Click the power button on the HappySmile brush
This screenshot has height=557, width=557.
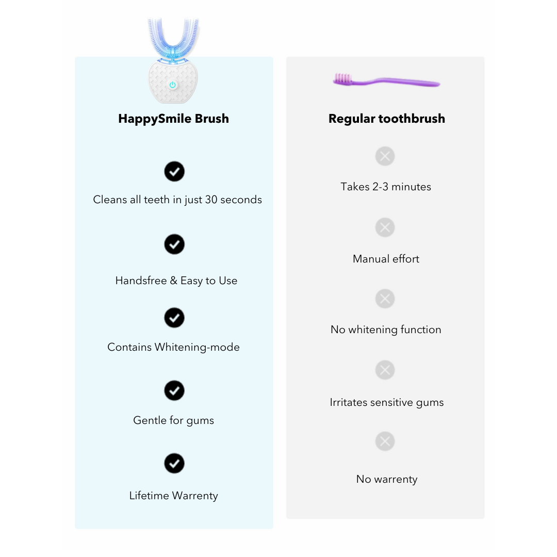(x=173, y=85)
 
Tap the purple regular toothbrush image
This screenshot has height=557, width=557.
(x=386, y=80)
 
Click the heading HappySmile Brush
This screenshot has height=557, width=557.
(x=174, y=119)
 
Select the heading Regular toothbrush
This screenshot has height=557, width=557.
(x=386, y=119)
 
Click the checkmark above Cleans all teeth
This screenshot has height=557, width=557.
(x=174, y=172)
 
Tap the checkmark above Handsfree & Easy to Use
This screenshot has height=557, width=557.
(x=174, y=244)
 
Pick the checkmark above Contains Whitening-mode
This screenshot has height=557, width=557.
(x=174, y=318)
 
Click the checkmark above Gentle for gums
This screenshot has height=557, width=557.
(x=174, y=391)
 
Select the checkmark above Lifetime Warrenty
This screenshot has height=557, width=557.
(x=174, y=464)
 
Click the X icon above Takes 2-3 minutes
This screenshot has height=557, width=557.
(x=385, y=156)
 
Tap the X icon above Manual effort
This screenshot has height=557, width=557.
(x=385, y=228)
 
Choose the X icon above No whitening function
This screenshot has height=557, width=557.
(x=385, y=299)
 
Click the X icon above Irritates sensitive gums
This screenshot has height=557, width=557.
(x=385, y=370)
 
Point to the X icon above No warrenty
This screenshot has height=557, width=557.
(x=385, y=441)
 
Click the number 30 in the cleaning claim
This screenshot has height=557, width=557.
(x=211, y=200)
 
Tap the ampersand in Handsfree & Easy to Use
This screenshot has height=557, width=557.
(x=174, y=281)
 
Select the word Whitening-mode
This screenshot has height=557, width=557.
(x=197, y=347)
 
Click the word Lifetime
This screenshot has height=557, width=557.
(x=149, y=496)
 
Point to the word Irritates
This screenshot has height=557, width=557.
(x=349, y=402)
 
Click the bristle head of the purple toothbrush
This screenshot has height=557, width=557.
(x=342, y=78)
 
